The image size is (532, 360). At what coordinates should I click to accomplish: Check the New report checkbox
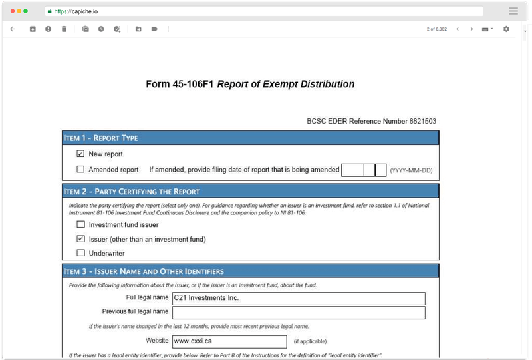click(80, 154)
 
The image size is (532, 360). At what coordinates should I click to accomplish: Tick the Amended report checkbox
click(80, 170)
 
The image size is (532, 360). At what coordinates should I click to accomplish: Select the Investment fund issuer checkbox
click(80, 224)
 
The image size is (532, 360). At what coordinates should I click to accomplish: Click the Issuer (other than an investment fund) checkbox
click(80, 239)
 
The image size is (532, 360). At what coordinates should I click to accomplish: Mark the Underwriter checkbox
click(80, 253)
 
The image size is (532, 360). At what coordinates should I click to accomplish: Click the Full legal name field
click(298, 298)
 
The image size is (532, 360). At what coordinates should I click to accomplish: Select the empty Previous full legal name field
click(298, 312)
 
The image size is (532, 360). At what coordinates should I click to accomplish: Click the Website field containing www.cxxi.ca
click(230, 341)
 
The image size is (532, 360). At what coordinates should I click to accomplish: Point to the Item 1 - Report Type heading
click(101, 138)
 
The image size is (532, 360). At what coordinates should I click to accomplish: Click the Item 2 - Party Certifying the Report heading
click(132, 192)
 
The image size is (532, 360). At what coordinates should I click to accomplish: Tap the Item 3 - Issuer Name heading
click(144, 271)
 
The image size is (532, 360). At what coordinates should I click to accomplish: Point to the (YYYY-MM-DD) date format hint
click(411, 170)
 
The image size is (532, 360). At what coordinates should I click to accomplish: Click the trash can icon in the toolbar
click(64, 29)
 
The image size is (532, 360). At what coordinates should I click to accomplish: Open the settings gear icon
click(506, 29)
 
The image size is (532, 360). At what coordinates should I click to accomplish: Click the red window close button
click(12, 11)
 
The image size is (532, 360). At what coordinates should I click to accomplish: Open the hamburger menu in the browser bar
click(513, 11)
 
